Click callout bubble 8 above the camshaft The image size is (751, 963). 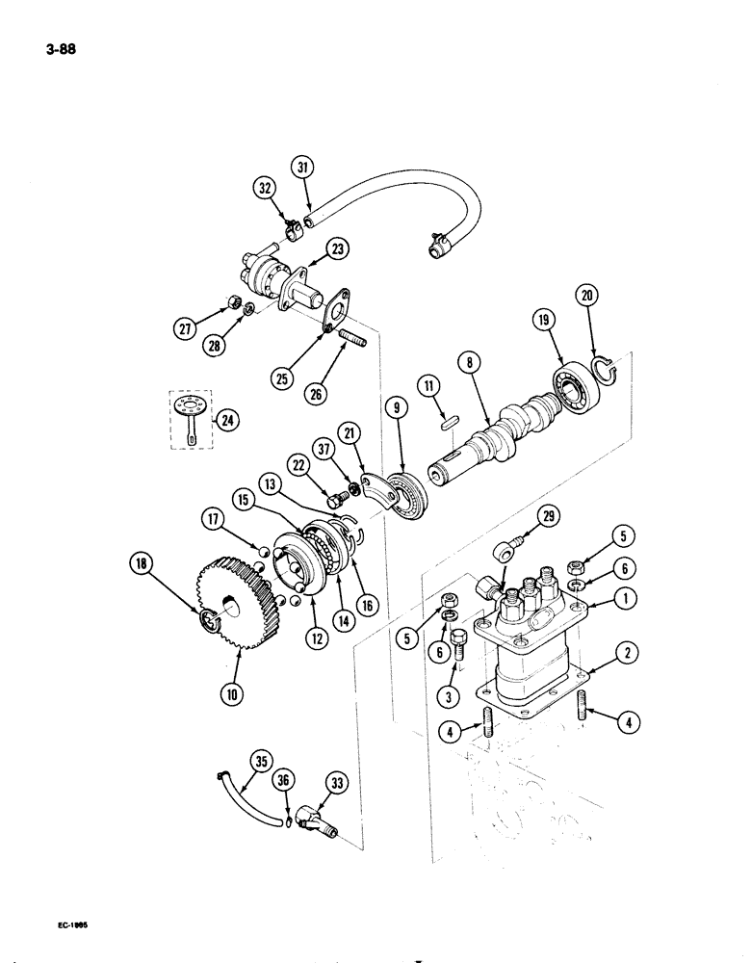coord(469,364)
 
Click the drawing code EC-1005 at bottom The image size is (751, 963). coord(66,925)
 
